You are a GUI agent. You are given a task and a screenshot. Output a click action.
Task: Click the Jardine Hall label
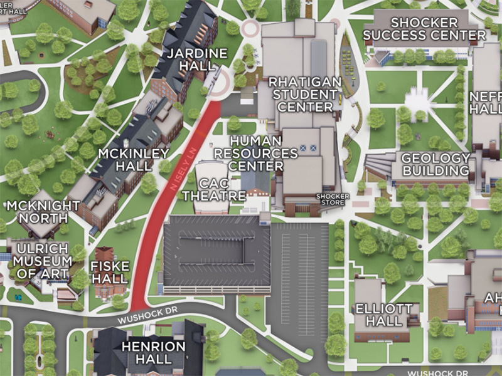tap(197, 60)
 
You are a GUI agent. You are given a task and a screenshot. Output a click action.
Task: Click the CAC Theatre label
tap(213, 189)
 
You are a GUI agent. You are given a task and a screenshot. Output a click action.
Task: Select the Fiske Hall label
tap(110, 272)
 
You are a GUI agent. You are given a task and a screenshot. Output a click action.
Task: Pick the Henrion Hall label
tap(154, 352)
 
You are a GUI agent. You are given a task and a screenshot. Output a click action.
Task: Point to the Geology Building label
tap(435, 164)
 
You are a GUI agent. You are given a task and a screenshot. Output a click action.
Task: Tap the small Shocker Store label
tap(332, 199)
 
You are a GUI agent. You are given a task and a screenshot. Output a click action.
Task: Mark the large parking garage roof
tap(216, 254)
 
